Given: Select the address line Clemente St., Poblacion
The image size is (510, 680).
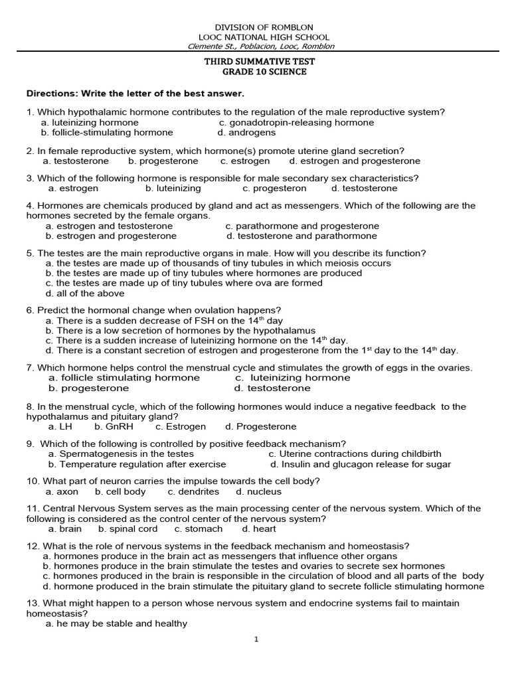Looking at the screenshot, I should (261, 46).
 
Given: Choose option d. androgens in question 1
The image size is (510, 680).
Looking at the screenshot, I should (246, 132).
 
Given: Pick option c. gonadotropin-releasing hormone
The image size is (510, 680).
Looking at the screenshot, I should (296, 122).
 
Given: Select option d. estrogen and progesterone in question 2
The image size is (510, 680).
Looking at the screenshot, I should (355, 161).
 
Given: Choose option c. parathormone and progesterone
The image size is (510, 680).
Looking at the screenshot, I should (302, 226).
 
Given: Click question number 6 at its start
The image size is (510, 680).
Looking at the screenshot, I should (30, 310).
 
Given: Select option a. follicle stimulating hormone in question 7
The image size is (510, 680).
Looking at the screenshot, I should (124, 378).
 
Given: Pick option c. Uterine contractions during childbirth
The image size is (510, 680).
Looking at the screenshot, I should (355, 454).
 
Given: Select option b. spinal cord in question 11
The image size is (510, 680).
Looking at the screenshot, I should (128, 529).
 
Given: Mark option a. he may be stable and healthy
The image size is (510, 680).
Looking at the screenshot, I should (116, 624).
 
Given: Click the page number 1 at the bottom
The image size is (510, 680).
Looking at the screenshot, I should (256, 639).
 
